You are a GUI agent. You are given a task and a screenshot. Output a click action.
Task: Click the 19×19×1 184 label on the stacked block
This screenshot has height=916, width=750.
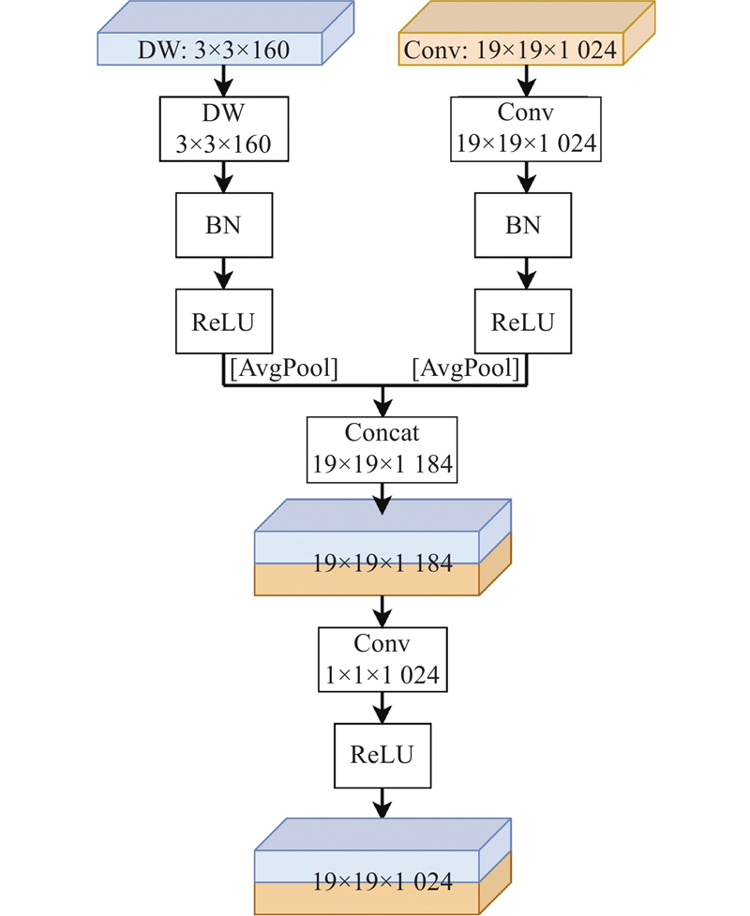click(x=382, y=563)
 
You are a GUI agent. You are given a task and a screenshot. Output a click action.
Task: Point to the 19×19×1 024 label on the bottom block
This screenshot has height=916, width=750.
click(x=382, y=882)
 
